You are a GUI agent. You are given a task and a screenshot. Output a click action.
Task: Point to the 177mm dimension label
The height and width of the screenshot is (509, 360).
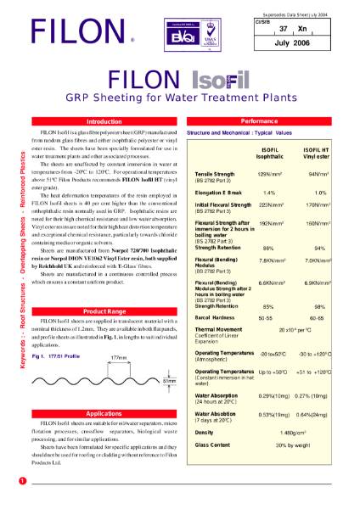point(118,357)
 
